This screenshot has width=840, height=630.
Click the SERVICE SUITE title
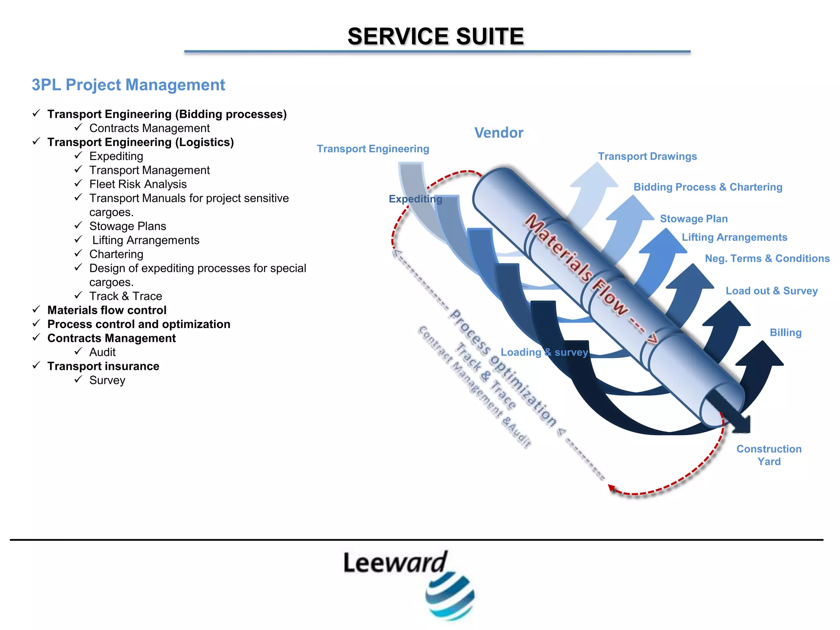point(436,36)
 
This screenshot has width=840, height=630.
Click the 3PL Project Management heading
point(128,85)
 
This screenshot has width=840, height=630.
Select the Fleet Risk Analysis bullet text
point(138,184)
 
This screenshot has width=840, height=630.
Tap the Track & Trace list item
point(126,296)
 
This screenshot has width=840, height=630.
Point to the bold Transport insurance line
point(103,366)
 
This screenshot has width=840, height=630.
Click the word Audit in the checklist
point(103,352)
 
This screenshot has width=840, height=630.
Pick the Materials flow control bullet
point(107,310)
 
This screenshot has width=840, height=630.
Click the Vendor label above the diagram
point(498,133)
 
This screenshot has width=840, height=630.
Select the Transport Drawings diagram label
point(647,156)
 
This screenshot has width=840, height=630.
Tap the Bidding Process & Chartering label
point(708,187)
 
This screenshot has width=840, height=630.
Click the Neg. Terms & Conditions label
point(767,258)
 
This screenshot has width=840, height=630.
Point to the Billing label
point(785,333)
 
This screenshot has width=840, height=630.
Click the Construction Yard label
point(769,455)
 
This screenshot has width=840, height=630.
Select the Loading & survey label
point(544,352)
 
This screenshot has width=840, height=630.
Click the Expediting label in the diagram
point(415,199)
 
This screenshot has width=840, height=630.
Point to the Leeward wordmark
point(395,563)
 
